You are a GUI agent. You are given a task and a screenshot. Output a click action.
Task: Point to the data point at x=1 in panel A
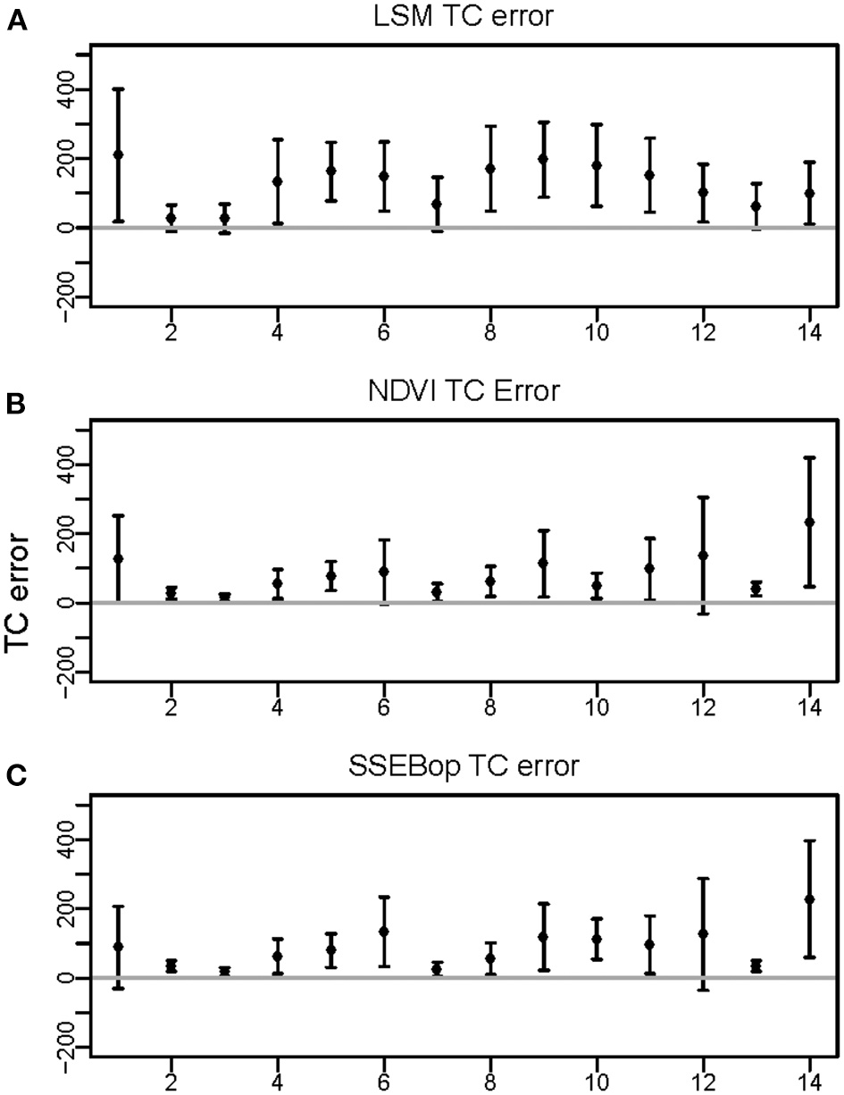pyautogui.click(x=118, y=155)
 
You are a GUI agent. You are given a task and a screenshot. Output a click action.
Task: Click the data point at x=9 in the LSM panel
pyautogui.click(x=543, y=159)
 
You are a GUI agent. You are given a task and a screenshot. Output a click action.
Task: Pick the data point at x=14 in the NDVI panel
pyautogui.click(x=809, y=522)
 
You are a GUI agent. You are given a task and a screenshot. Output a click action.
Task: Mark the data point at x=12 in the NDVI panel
pyautogui.click(x=703, y=556)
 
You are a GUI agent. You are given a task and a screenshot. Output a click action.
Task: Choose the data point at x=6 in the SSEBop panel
pyautogui.click(x=384, y=932)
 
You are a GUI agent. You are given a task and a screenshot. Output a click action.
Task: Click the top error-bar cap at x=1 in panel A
pyautogui.click(x=118, y=89)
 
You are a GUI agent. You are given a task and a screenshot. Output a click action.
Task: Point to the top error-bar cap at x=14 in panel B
pyautogui.click(x=809, y=458)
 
